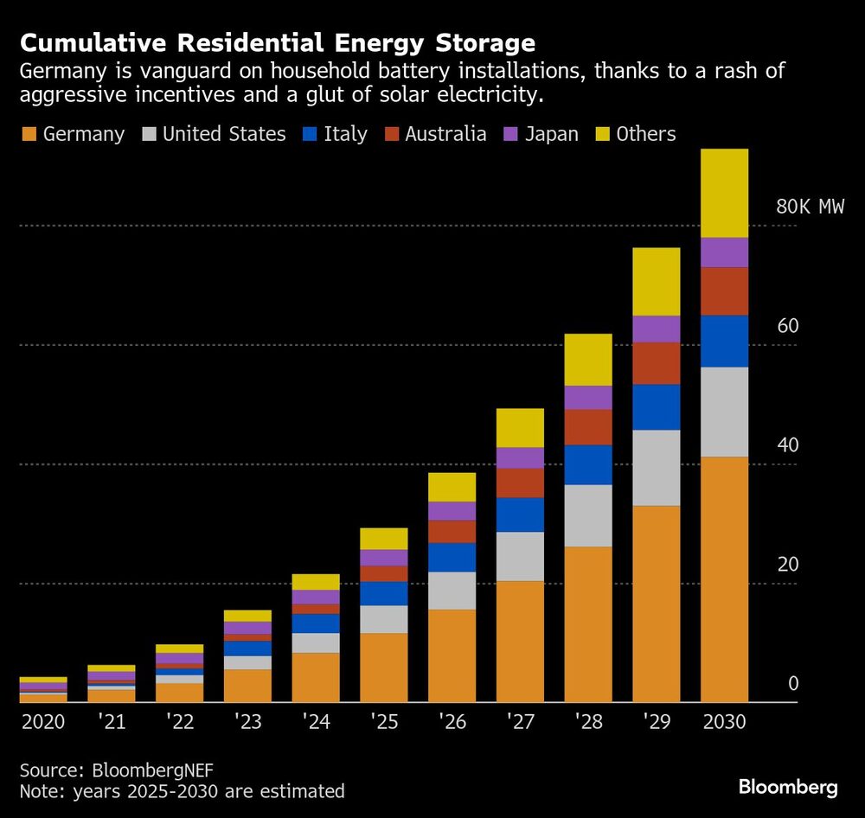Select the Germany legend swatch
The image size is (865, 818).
pyautogui.click(x=29, y=134)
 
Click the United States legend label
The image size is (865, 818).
pyautogui.click(x=224, y=134)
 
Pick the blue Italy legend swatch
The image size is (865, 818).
pyautogui.click(x=310, y=134)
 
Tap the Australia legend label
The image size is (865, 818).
pyautogui.click(x=446, y=134)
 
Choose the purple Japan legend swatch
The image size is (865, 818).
pyautogui.click(x=510, y=134)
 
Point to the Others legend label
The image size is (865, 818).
pyautogui.click(x=646, y=134)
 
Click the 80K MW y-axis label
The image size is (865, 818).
pyautogui.click(x=810, y=207)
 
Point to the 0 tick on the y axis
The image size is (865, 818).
pyautogui.click(x=792, y=684)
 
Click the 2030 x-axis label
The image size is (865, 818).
pyautogui.click(x=724, y=721)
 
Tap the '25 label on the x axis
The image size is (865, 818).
pyautogui.click(x=383, y=721)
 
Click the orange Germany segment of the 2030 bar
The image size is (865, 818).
pyautogui.click(x=724, y=579)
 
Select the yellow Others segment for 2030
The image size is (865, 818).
pyautogui.click(x=724, y=193)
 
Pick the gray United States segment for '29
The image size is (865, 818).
pyautogui.click(x=656, y=467)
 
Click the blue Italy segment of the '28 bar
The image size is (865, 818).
pyautogui.click(x=588, y=464)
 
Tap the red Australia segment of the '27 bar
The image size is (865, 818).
pyautogui.click(x=520, y=482)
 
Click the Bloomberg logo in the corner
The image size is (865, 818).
pyautogui.click(x=788, y=787)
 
